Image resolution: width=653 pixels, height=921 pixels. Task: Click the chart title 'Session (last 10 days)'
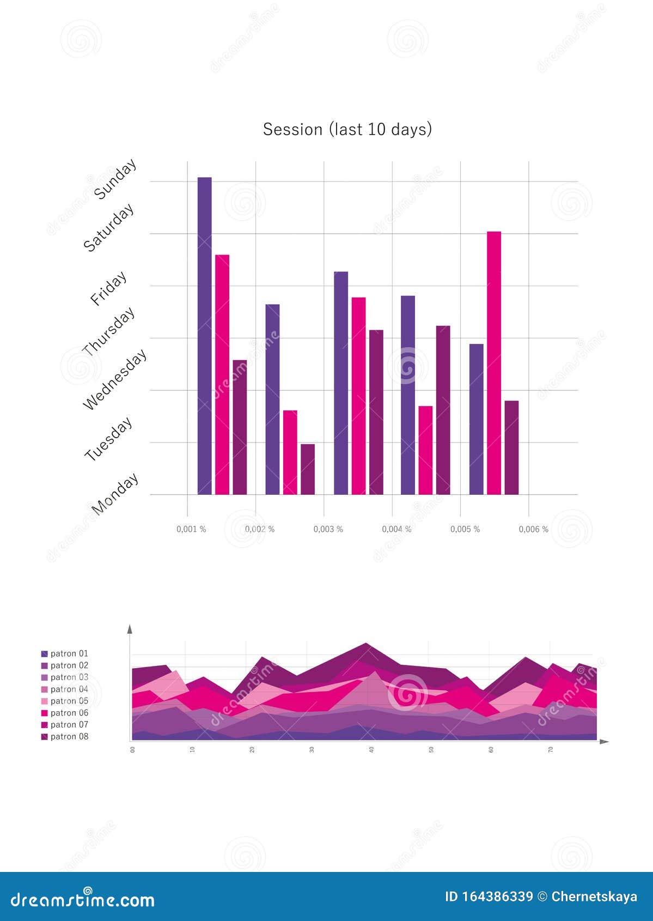347,130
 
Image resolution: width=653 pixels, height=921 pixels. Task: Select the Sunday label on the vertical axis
115,179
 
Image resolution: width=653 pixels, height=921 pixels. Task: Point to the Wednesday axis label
115,379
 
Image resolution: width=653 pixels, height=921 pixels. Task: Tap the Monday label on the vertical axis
115,494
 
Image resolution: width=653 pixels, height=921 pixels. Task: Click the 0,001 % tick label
191,529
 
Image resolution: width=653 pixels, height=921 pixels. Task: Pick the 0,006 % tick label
533,529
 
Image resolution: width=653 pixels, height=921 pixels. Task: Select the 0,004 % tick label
396,529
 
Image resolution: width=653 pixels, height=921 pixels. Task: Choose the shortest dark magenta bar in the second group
308,469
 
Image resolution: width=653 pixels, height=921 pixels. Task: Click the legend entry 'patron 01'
69,653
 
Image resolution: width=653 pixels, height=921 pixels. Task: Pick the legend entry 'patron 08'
69,736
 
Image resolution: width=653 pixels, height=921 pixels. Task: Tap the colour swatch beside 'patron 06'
45,713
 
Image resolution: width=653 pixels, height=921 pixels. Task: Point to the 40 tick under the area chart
371,750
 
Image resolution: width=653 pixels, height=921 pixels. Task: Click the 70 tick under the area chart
551,750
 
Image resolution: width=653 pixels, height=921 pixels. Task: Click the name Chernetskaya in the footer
594,896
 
